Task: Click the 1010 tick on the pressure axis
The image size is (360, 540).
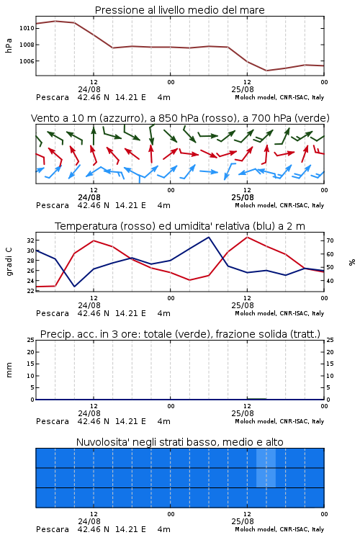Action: pyautogui.click(x=27, y=28)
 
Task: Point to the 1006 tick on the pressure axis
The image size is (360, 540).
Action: pyautogui.click(x=27, y=61)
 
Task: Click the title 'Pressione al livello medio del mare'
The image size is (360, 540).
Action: pyautogui.click(x=180, y=10)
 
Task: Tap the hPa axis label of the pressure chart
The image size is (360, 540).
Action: pyautogui.click(x=9, y=45)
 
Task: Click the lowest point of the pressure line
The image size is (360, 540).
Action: pyautogui.click(x=266, y=71)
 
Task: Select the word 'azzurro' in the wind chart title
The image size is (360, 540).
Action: pyautogui.click(x=121, y=119)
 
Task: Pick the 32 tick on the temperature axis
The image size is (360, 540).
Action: pyautogui.click(x=30, y=240)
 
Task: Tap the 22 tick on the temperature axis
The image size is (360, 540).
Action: pyautogui.click(x=30, y=291)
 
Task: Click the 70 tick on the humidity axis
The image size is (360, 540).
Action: pyautogui.click(x=330, y=240)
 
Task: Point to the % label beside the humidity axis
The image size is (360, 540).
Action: pyautogui.click(x=352, y=262)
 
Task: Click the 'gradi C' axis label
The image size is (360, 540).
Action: pyautogui.click(x=9, y=261)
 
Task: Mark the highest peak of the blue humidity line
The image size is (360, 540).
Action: pyautogui.click(x=208, y=238)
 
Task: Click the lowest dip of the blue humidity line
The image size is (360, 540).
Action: pyautogui.click(x=74, y=286)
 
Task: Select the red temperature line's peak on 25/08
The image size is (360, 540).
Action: pyautogui.click(x=247, y=238)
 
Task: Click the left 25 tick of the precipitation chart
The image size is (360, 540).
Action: pyautogui.click(x=30, y=340)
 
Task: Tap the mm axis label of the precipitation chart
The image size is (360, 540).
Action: pyautogui.click(x=9, y=370)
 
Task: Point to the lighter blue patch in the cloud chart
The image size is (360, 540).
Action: pyautogui.click(x=266, y=468)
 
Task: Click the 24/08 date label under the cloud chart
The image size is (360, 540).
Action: pyautogui.click(x=89, y=521)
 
